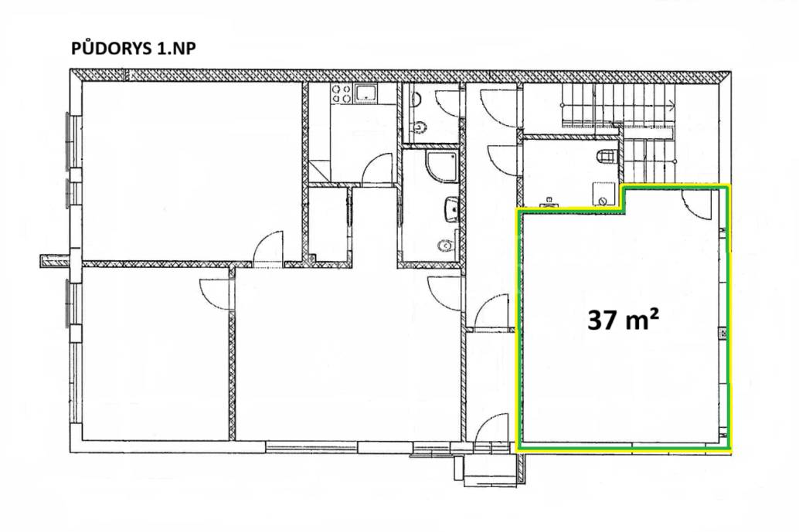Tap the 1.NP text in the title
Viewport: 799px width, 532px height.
pos(174,49)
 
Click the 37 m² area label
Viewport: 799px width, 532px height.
pos(623,320)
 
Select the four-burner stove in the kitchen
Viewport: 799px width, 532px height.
pos(342,93)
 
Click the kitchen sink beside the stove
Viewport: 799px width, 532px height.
pos(366,93)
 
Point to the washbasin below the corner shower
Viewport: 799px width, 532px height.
pos(451,208)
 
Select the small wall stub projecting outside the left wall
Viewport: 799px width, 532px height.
pos(54,261)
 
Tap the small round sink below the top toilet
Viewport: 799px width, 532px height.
pos(421,126)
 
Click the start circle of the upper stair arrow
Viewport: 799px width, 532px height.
pos(563,105)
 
